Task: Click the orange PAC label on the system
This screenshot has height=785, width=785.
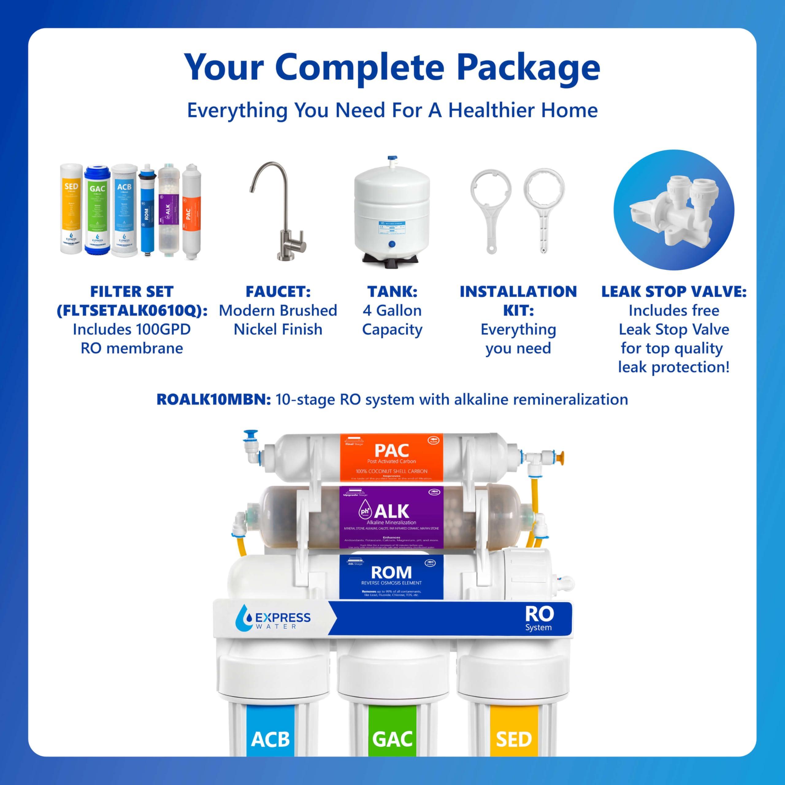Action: (x=391, y=457)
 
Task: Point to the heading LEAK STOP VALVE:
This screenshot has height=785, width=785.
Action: (x=674, y=292)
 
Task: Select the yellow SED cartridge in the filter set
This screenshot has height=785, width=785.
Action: (x=71, y=209)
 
